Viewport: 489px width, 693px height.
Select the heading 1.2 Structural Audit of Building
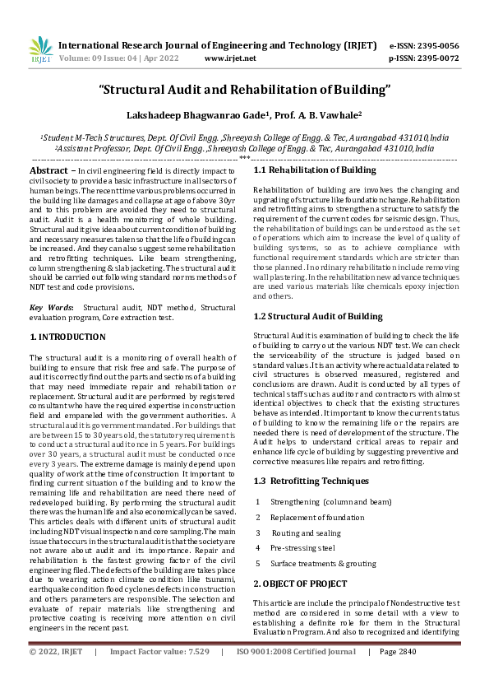pyautogui.click(x=318, y=315)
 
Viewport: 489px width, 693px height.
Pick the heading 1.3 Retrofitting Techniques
pyautogui.click(x=311, y=481)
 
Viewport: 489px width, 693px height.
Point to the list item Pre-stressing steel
pyautogui.click(x=302, y=547)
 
